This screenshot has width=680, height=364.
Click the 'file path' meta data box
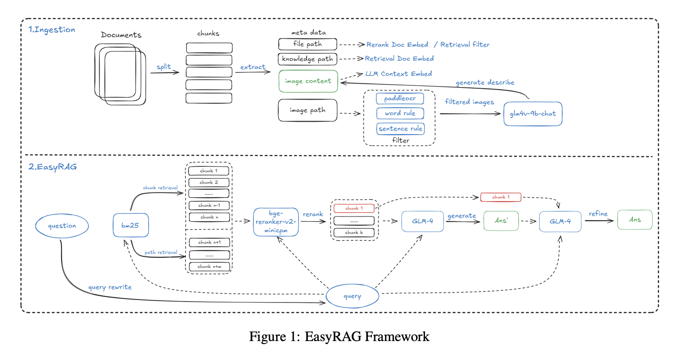tap(307, 44)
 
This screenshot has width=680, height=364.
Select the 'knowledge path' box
tap(307, 59)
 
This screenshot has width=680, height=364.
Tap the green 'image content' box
tap(308, 81)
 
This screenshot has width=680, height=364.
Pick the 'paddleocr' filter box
tap(400, 98)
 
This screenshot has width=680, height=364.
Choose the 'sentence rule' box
tap(400, 129)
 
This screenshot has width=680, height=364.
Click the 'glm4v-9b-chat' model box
tap(533, 114)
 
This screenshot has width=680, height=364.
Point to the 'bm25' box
tap(131, 225)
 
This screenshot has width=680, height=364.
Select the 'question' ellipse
tap(62, 226)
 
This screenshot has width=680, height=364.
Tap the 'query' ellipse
tap(352, 296)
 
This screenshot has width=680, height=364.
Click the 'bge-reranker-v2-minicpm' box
tap(276, 222)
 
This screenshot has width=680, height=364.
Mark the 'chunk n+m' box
tap(209, 267)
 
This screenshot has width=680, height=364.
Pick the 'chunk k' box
tap(354, 232)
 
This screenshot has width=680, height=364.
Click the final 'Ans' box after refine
tap(635, 220)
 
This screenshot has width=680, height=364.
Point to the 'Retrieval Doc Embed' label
tap(399, 59)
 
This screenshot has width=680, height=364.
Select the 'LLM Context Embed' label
tap(398, 74)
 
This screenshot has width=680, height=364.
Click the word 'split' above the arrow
tap(164, 67)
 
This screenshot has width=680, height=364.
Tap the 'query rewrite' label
tap(110, 287)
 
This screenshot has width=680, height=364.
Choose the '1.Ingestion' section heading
tap(52, 30)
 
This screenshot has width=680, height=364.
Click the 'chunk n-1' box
tap(209, 205)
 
